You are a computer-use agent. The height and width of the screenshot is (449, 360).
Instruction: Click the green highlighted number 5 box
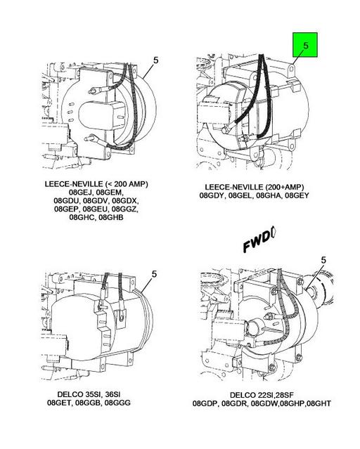(x=305, y=47)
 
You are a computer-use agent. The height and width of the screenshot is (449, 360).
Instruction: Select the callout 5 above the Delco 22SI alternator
(x=323, y=261)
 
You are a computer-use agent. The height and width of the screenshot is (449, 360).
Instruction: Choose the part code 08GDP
(x=207, y=404)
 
